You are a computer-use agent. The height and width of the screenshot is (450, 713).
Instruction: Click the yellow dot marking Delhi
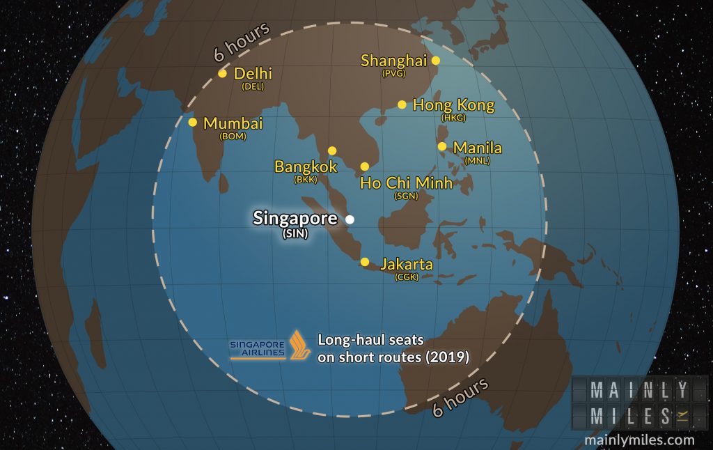click(x=222, y=73)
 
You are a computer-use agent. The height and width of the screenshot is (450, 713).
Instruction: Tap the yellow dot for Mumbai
click(x=193, y=122)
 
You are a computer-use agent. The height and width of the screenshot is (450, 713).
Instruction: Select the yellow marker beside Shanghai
click(x=436, y=61)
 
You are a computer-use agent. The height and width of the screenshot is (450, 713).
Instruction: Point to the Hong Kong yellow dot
click(x=402, y=104)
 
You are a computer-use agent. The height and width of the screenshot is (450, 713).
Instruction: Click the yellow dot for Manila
click(x=442, y=146)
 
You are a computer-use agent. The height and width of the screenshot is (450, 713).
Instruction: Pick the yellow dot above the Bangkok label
click(x=332, y=150)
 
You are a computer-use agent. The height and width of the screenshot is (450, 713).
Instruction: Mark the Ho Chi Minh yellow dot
click(x=364, y=166)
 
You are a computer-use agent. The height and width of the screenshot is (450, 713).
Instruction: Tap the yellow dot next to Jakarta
click(x=364, y=262)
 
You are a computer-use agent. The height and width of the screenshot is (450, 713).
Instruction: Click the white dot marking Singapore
click(x=350, y=219)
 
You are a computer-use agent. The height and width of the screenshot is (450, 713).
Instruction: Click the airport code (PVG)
click(x=393, y=73)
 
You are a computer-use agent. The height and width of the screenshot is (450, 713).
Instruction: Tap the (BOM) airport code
click(x=233, y=137)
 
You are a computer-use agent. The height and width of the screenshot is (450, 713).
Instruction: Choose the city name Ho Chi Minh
click(x=405, y=183)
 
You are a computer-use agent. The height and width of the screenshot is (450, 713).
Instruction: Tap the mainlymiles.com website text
click(x=639, y=440)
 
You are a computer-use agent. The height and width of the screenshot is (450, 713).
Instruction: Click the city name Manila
click(x=477, y=148)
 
